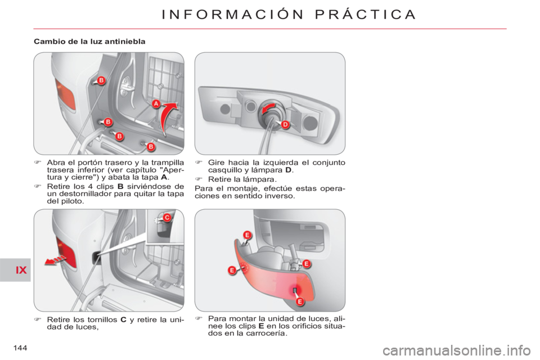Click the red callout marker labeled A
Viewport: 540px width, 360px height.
(156, 103)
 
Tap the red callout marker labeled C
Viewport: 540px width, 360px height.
(166, 217)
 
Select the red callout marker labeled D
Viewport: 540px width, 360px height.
(285, 124)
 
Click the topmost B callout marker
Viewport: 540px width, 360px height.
(101, 80)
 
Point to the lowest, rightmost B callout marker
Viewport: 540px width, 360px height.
(151, 147)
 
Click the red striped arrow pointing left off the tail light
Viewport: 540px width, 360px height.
(55, 260)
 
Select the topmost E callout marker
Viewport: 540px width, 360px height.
(247, 235)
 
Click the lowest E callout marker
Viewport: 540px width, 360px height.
(300, 301)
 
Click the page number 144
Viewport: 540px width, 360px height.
(20, 348)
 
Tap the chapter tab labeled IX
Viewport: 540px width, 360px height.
(21, 270)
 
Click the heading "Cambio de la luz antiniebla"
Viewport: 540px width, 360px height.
(89, 41)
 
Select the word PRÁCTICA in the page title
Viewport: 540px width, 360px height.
(365, 15)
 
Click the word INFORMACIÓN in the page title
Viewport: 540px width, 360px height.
(233, 15)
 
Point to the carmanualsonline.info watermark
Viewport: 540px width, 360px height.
(456, 350)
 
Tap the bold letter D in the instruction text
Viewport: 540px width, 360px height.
(289, 170)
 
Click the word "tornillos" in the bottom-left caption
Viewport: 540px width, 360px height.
(102, 319)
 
